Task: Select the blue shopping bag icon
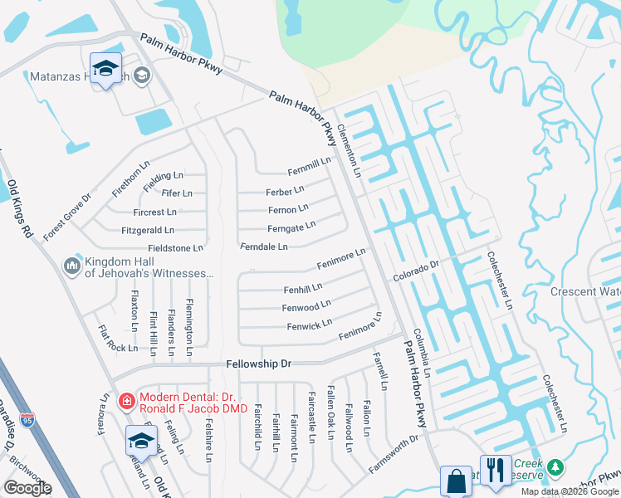456,481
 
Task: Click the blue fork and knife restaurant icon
496,471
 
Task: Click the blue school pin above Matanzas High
106,70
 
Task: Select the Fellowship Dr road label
259,364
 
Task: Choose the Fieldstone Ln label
174,247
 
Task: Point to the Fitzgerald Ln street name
148,230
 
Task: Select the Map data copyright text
569,491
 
